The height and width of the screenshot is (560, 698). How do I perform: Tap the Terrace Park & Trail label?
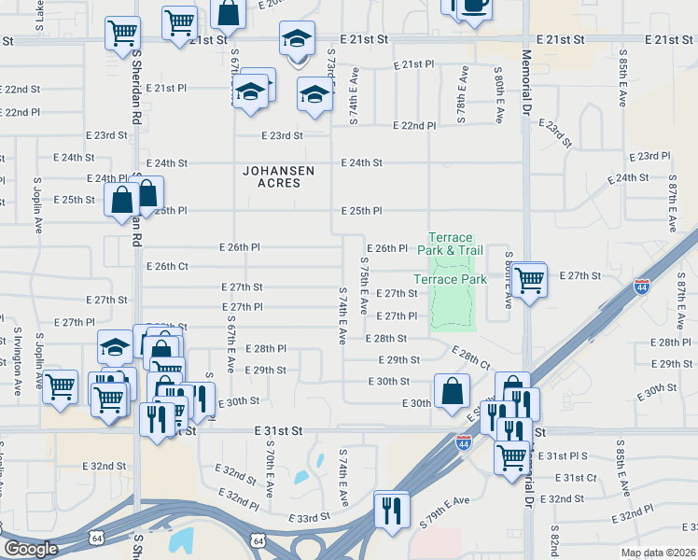(x=456, y=245)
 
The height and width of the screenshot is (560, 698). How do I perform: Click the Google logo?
(x=30, y=549)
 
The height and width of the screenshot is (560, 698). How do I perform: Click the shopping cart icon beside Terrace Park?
(x=529, y=278)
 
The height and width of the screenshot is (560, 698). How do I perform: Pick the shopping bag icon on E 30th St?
(x=452, y=391)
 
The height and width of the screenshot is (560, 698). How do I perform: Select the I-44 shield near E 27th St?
(x=642, y=287)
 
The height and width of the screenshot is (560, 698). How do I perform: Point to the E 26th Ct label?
(x=168, y=267)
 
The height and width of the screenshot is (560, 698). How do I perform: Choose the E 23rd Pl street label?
(x=650, y=156)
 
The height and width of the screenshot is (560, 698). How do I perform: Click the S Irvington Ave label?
(x=17, y=365)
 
